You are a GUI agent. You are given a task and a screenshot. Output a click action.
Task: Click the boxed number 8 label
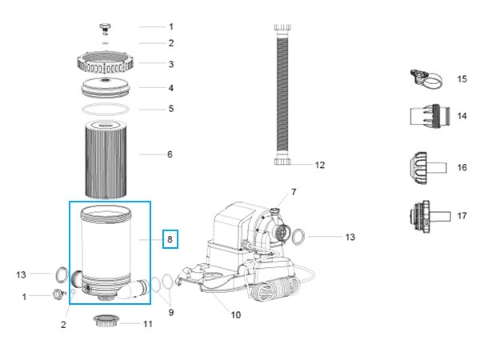pyautogui.click(x=170, y=238)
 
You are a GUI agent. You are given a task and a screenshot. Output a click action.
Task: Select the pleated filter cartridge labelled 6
pyautogui.click(x=110, y=154)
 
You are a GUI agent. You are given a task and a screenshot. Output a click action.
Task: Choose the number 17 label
pyautogui.click(x=462, y=216)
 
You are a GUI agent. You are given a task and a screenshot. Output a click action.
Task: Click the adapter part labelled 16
pyautogui.click(x=424, y=167)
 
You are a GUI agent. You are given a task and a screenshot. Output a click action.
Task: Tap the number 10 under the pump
pyautogui.click(x=235, y=314)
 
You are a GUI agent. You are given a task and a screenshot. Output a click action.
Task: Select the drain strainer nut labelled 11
pyautogui.click(x=108, y=322)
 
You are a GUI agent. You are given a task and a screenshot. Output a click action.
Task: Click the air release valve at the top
pyautogui.click(x=103, y=28)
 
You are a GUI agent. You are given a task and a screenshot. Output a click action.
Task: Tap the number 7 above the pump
pyautogui.click(x=294, y=192)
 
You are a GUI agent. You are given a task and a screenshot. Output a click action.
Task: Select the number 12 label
pyautogui.click(x=320, y=166)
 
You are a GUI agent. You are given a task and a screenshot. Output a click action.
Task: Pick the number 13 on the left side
pyautogui.click(x=22, y=274)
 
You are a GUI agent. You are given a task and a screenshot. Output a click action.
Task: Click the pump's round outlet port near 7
pyautogui.click(x=280, y=231)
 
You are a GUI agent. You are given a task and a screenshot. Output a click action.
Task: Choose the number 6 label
pyautogui.click(x=170, y=154)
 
